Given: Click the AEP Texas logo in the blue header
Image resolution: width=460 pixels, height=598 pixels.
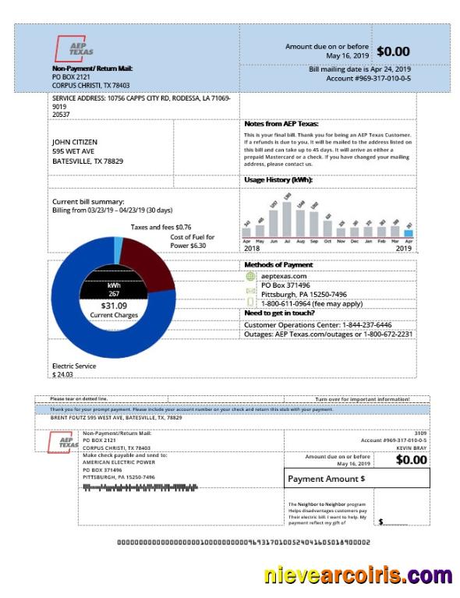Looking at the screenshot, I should (75, 51).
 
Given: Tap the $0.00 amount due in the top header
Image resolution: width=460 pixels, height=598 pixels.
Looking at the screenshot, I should (392, 51).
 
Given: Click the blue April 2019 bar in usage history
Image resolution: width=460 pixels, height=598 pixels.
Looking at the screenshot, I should (409, 232).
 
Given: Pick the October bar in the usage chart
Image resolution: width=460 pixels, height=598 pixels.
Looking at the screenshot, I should (327, 227).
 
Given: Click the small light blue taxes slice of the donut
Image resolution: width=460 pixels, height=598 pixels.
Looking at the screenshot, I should (118, 249).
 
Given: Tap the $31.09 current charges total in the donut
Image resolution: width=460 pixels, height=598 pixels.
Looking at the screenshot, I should (113, 306).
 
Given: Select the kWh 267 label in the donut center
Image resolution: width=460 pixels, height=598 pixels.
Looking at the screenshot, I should (114, 290).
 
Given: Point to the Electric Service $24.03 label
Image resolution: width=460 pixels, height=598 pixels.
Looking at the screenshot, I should (74, 370).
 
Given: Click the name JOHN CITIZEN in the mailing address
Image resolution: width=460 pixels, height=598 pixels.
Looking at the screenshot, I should (74, 142).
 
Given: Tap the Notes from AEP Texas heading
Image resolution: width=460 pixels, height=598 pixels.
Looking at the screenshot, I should (281, 124).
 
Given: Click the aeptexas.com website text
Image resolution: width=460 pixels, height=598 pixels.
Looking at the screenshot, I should (284, 276).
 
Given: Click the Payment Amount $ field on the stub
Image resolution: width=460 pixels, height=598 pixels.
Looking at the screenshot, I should (358, 478).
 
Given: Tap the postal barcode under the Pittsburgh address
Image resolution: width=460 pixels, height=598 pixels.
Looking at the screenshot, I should (140, 487).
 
